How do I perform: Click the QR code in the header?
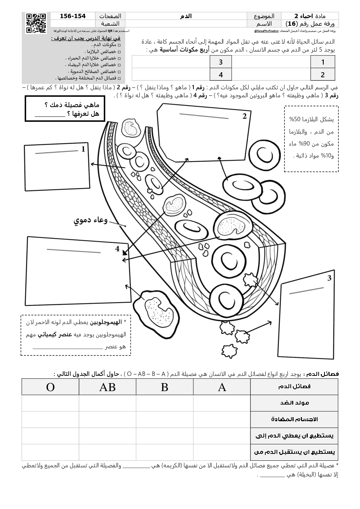point(36,22)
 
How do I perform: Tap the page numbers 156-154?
point(72,16)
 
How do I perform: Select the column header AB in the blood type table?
point(107,387)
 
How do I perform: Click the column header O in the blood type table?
point(50,387)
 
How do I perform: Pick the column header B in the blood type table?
point(164,387)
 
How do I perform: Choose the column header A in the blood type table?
point(222,387)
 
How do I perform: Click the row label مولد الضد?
point(294,403)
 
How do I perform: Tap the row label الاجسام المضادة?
point(294,419)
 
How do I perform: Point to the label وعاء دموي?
point(91,220)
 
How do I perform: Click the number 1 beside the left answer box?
point(83,149)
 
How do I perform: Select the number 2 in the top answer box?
point(245,116)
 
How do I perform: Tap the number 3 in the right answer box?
point(329,278)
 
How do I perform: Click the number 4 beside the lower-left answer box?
point(117,249)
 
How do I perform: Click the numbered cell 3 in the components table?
point(221,62)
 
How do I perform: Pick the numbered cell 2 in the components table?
point(323,75)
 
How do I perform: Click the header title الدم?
point(186,16)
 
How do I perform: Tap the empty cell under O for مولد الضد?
point(50,403)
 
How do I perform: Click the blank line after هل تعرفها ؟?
point(50,115)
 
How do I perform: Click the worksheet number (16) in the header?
point(291,24)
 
